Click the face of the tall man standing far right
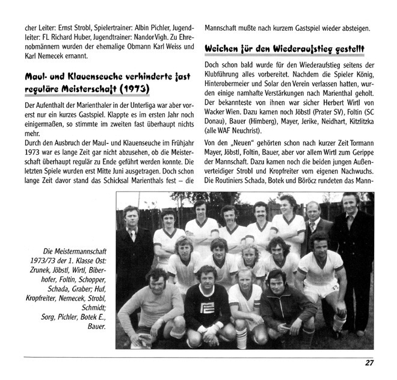[350, 202]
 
